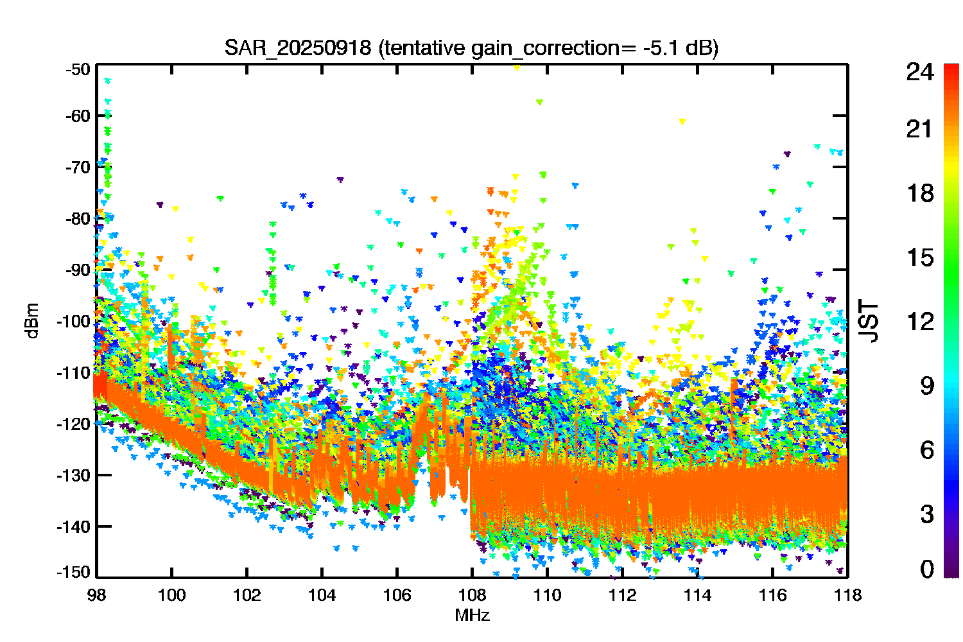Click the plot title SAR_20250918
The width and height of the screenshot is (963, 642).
pos(297,48)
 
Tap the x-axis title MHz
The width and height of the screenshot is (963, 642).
pos(472,615)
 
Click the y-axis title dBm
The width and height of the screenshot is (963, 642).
pos(33,321)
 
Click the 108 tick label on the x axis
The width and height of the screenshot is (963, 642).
pos(472,595)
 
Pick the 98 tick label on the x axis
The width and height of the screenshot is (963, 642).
pos(97,595)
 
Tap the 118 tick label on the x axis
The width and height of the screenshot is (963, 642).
pos(847,595)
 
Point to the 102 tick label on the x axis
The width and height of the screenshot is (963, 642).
pos(247,595)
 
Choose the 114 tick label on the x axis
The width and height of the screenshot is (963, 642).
pos(697,595)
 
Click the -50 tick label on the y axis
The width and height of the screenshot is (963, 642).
pos(78,69)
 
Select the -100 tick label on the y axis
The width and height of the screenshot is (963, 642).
pos(74,321)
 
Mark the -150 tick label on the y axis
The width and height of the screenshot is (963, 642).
pos(74,572)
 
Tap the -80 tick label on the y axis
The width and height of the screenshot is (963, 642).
pos(78,218)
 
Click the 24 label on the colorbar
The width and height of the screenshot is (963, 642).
pos(919,72)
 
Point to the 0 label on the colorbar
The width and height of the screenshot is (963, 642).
pos(926,569)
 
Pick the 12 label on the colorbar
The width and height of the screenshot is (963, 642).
pos(919,321)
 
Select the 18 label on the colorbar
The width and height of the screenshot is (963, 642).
pos(919,193)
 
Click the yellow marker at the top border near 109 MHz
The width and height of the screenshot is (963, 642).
pos(516,67)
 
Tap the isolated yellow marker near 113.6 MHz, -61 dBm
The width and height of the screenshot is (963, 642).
pos(682,121)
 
